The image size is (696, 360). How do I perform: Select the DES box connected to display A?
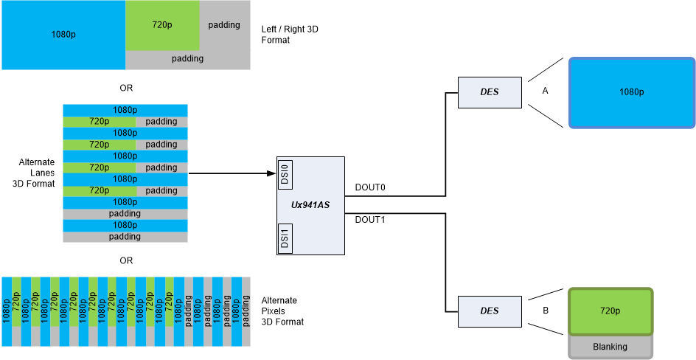[490, 92]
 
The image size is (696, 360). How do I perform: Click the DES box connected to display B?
[490, 311]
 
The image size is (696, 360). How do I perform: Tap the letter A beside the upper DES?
[546, 91]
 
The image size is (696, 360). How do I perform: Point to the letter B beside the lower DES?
[546, 311]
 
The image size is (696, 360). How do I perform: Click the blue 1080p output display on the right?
[631, 92]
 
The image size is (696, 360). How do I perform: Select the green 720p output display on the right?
[610, 311]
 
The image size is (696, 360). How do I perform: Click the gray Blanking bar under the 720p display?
[610, 347]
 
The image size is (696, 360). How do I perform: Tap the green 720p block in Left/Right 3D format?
[162, 25]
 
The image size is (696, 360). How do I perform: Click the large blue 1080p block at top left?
[63, 35]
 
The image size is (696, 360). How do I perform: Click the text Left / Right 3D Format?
[290, 34]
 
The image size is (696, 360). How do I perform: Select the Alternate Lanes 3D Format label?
[36, 172]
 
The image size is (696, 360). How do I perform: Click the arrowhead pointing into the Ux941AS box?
[271, 173]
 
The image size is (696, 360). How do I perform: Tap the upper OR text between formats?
[126, 88]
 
